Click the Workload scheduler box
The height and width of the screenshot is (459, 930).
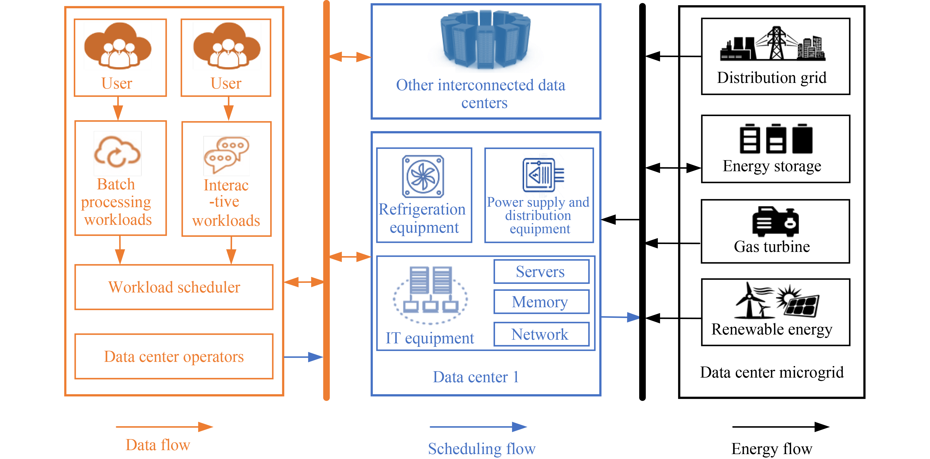coord(174,287)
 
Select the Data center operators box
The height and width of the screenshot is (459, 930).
coord(174,356)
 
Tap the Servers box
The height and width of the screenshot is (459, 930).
coord(541,272)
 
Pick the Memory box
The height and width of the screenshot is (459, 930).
coord(541,302)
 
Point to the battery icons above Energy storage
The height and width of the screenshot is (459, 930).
coord(775,139)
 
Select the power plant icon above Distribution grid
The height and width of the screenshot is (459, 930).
coord(772,44)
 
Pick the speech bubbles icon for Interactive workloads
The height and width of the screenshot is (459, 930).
coord(226,154)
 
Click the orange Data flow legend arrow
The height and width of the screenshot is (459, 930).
coord(164,427)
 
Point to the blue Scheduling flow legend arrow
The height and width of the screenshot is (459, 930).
coord(478,427)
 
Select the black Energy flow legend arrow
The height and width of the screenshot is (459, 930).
coord(780,427)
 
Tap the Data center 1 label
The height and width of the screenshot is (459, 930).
coord(476,377)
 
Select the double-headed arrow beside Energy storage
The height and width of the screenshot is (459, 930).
coord(673,168)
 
